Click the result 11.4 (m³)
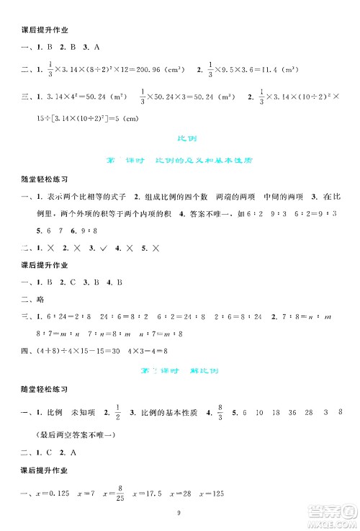click(287, 71)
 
